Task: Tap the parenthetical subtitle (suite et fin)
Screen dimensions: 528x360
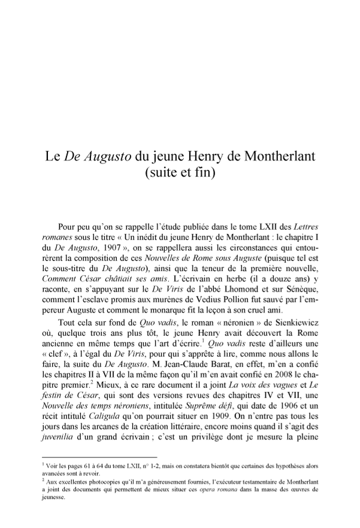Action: click(180, 175)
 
